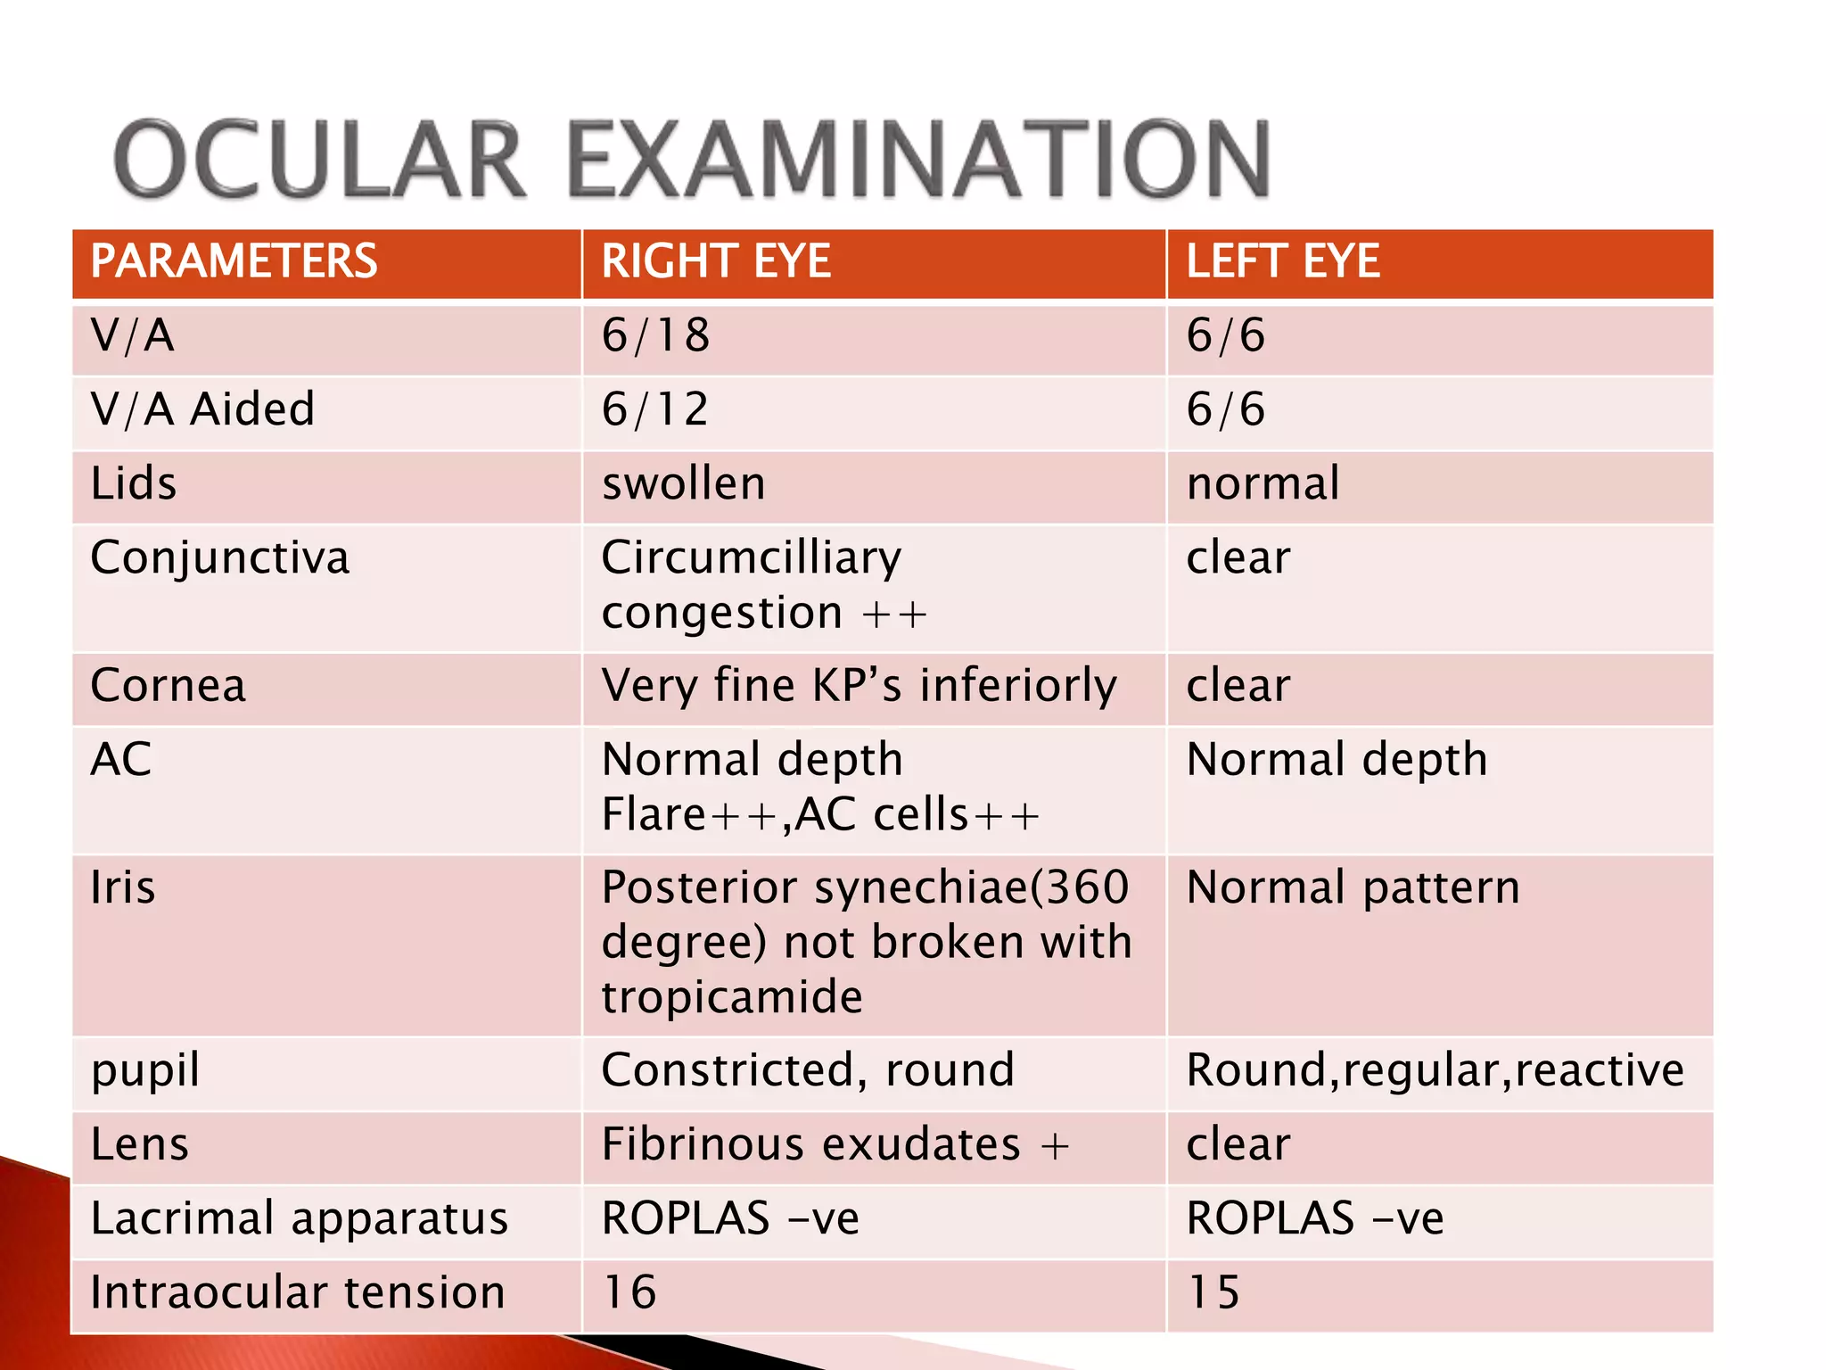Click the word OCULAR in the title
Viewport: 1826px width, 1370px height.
tap(319, 160)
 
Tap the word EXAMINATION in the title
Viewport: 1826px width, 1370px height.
tap(918, 160)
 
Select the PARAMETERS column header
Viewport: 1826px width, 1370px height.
tap(234, 262)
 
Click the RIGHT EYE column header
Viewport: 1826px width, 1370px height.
tap(716, 262)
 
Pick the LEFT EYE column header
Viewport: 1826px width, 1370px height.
tap(1282, 262)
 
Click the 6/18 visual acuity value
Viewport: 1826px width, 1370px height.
tap(655, 336)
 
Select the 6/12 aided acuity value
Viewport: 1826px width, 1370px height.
tap(655, 410)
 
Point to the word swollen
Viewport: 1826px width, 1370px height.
tap(684, 484)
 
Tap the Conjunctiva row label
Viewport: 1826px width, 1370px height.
tap(220, 559)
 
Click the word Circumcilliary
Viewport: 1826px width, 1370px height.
tap(752, 559)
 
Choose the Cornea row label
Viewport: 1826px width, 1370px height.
tap(168, 687)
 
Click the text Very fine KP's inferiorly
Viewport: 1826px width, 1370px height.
tap(859, 687)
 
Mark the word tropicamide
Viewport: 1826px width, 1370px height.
tap(732, 997)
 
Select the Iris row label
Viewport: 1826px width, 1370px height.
tap(123, 888)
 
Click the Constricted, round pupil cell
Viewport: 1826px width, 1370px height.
tap(808, 1070)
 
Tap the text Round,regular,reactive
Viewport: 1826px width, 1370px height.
tap(1435, 1070)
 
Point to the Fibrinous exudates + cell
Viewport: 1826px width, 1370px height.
tap(835, 1145)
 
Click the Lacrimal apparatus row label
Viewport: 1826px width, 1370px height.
tap(300, 1219)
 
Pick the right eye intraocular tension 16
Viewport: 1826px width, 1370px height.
tap(629, 1293)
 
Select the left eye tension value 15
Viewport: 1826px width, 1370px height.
tap(1213, 1293)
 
